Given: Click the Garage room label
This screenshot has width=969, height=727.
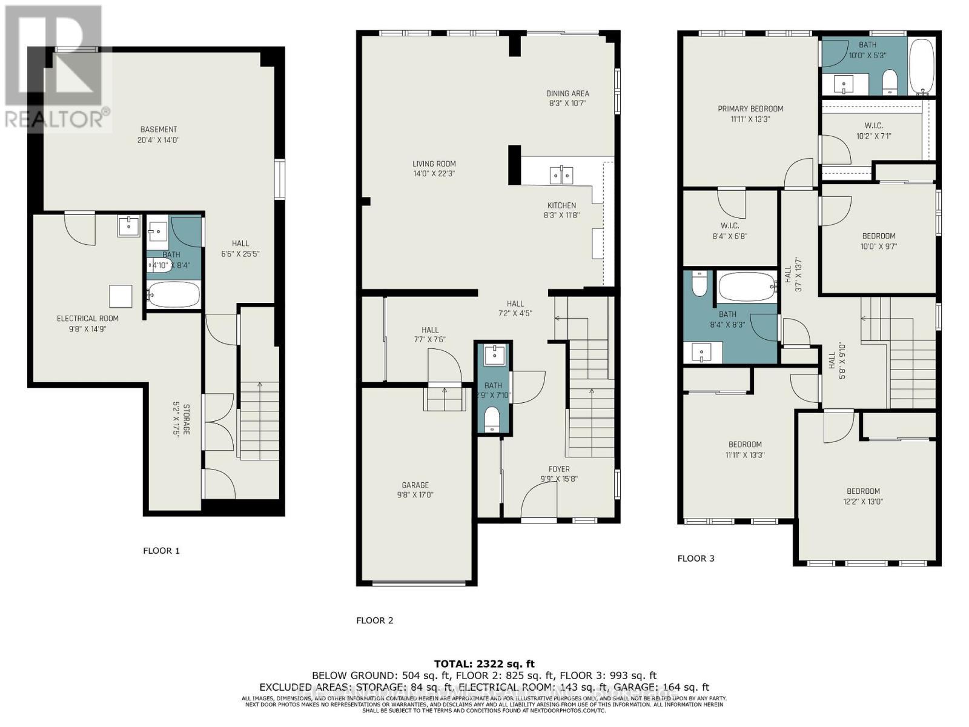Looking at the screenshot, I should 415,485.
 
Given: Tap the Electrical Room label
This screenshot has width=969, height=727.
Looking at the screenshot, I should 88,319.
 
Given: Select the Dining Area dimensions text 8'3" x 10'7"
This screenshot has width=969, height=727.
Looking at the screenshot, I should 567,104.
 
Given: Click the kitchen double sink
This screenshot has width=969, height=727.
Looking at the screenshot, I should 561,175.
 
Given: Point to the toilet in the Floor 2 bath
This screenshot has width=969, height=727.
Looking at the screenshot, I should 492,419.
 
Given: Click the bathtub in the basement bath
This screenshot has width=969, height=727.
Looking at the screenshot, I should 173,295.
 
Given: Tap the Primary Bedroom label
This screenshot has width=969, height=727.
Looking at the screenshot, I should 750,109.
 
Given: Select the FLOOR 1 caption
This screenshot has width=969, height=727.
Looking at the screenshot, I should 161,551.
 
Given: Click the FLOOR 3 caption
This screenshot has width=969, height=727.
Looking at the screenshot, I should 696,558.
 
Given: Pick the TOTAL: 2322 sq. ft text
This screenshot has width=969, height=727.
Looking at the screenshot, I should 484,664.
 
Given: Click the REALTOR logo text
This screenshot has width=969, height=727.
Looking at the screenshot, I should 57,119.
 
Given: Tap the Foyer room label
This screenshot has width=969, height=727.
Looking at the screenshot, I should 559,469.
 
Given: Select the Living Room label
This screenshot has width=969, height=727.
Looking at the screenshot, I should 434,164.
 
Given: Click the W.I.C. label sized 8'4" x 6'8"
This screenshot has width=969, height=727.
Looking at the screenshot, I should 730,226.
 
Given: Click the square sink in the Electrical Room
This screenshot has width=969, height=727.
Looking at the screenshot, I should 128,226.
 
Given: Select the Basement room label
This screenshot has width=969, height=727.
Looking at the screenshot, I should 159,129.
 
